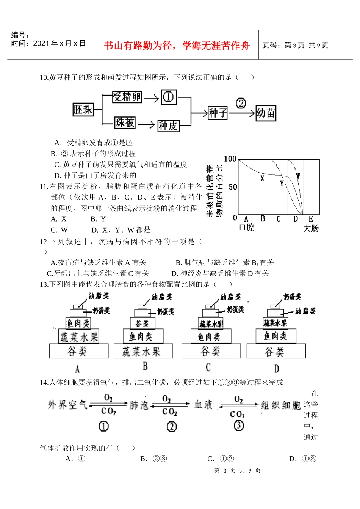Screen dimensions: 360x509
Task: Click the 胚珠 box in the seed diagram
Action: click(83, 110)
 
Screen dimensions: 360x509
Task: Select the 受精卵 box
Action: click(127, 97)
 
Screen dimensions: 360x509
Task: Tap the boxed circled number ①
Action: click(169, 97)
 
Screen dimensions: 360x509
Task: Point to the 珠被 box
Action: click(125, 123)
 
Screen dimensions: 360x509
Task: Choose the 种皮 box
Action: click(168, 126)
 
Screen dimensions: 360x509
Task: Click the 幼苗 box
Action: click(266, 113)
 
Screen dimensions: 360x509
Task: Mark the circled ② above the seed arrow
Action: click(241, 103)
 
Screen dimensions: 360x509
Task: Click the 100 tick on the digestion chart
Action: click(230, 159)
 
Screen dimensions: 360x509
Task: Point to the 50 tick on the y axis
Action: click(233, 187)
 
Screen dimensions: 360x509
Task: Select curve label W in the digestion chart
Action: click(298, 176)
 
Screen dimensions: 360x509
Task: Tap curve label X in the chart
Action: click(262, 178)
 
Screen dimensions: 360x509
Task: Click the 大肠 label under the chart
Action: click(311, 228)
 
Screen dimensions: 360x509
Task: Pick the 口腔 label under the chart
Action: click(246, 228)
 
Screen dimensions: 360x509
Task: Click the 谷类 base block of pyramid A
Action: click(79, 351)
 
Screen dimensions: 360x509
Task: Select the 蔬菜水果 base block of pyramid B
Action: click(143, 351)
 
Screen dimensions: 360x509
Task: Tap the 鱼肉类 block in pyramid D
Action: click(275, 336)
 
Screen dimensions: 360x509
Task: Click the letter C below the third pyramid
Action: click(208, 367)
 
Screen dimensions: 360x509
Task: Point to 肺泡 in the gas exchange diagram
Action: click(139, 405)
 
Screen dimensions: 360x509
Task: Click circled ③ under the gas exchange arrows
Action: click(239, 426)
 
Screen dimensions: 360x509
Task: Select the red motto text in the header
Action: click(177, 46)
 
